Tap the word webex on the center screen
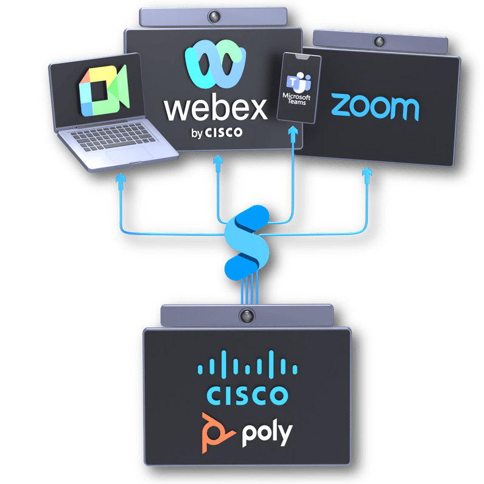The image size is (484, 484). point(216,108)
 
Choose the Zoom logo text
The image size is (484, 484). point(375,107)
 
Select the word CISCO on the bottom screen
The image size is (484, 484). point(247,395)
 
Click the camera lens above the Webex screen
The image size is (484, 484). point(215,15)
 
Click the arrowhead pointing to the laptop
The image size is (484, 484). point(121,178)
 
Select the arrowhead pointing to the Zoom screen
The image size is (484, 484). point(367,174)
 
